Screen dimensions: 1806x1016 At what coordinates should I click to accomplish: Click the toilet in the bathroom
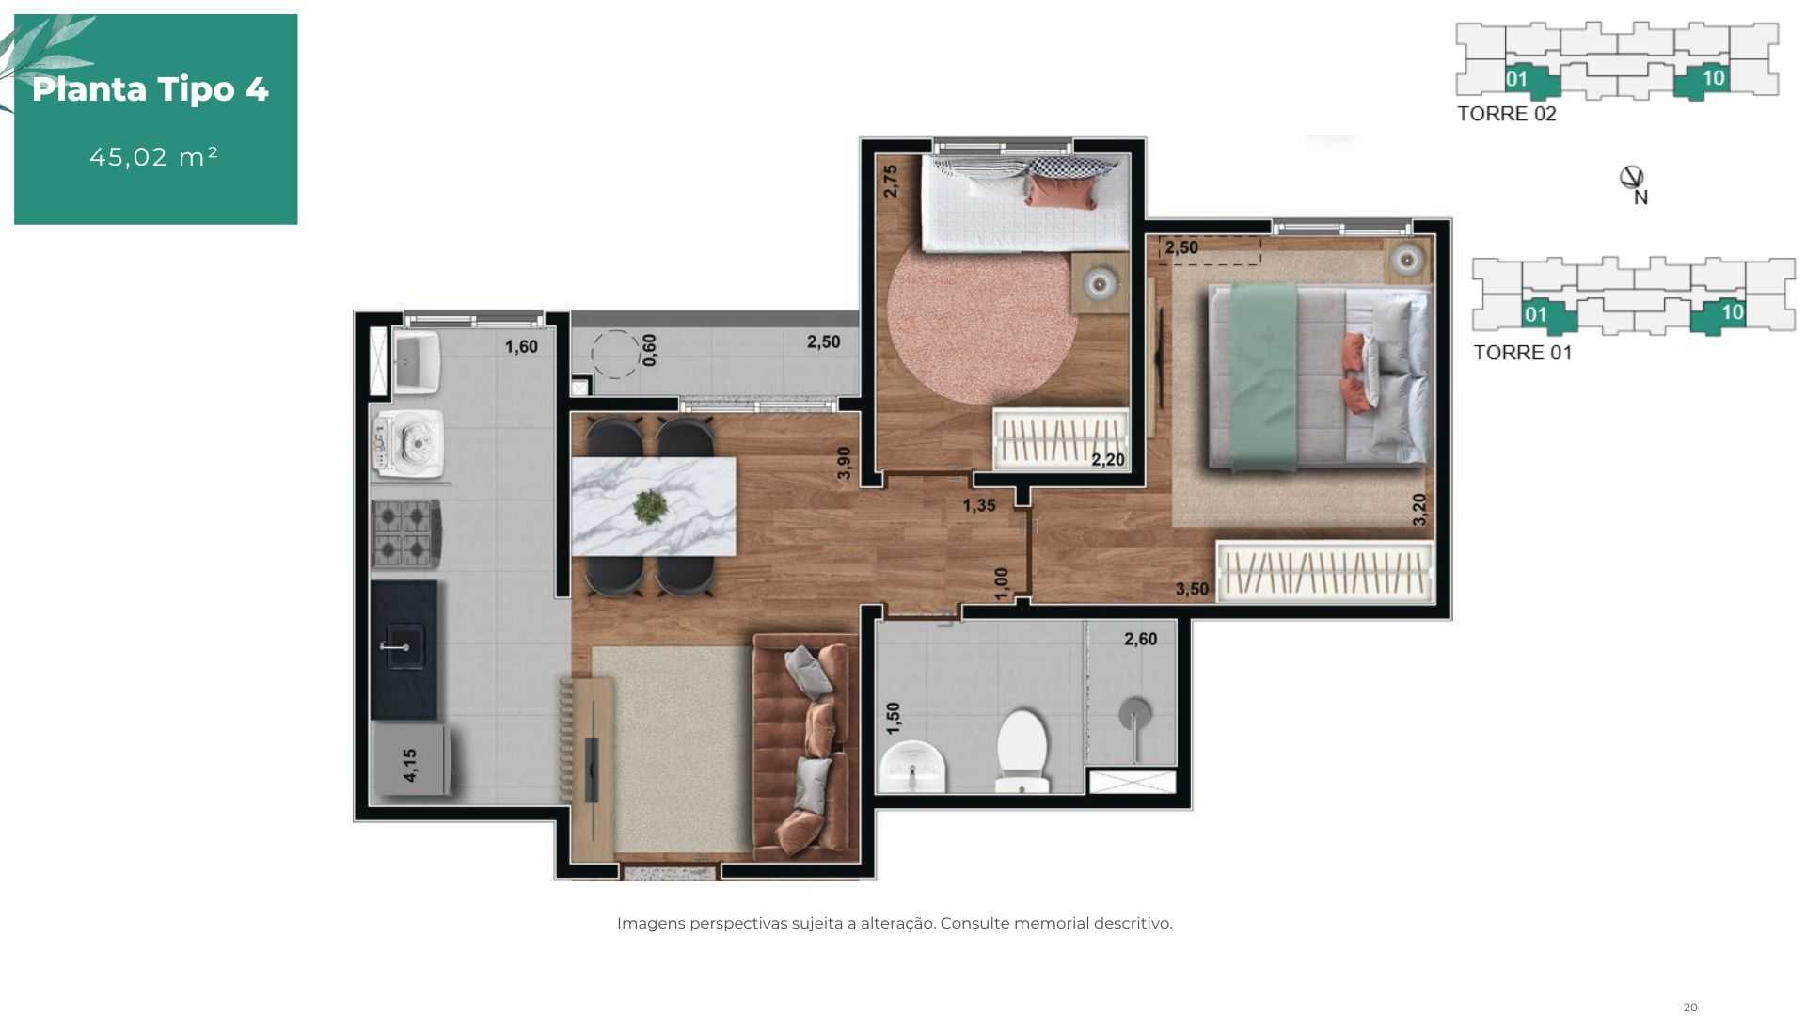click(1022, 752)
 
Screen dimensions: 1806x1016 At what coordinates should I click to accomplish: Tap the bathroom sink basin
click(911, 767)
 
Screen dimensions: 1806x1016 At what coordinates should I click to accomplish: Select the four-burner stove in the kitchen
click(406, 533)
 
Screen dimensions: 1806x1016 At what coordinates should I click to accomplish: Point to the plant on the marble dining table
click(649, 506)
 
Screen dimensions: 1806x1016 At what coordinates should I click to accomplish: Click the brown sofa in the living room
click(806, 747)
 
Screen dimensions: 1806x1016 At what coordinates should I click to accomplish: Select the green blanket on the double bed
click(1264, 377)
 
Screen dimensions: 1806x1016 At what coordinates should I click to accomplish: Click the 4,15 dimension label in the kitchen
click(410, 765)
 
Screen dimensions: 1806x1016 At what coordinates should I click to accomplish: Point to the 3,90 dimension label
click(844, 463)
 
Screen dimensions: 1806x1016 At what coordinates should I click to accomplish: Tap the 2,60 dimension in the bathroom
click(1140, 639)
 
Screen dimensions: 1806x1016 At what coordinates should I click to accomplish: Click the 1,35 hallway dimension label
click(978, 505)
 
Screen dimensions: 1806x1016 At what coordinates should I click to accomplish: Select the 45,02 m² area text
click(154, 156)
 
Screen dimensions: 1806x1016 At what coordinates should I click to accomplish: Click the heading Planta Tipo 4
click(150, 89)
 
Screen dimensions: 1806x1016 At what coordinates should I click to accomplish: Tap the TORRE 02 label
click(1506, 114)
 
